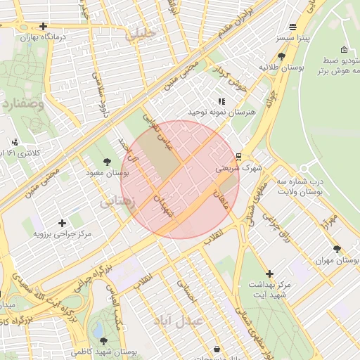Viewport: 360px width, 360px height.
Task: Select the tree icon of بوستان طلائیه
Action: [282, 56]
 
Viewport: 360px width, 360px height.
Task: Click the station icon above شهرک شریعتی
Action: [238, 156]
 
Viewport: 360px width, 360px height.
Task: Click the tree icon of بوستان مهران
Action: [337, 249]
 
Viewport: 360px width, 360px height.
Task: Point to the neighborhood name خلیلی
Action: [140, 33]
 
